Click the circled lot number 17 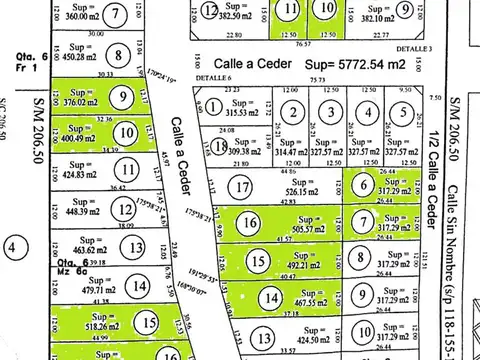(239, 186)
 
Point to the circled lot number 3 (329, 114)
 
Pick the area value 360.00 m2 (84, 17)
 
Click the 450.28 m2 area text (83, 56)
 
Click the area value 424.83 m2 (83, 172)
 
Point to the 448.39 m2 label (83, 210)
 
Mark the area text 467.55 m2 (297, 299)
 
